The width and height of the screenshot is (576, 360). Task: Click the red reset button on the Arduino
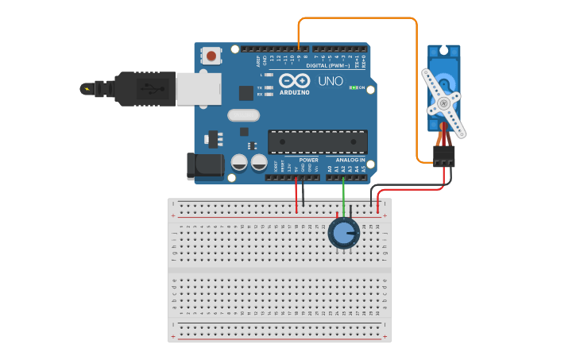(211, 56)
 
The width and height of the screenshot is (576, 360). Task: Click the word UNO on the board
(331, 81)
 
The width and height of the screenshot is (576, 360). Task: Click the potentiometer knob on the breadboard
(343, 233)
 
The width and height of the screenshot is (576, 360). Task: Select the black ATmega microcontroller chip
(318, 141)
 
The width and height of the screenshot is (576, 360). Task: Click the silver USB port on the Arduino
(198, 89)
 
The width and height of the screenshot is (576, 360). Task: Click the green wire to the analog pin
(343, 195)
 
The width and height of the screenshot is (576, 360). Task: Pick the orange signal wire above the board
(358, 18)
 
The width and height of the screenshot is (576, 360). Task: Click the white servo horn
(442, 103)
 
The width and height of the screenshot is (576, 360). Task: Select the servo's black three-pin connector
(444, 156)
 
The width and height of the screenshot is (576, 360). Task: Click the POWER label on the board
(308, 160)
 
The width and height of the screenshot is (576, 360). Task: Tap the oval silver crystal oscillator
(243, 115)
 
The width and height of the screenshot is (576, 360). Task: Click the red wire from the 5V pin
(296, 195)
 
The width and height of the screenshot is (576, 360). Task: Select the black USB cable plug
(143, 88)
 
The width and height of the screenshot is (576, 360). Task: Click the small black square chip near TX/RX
(245, 92)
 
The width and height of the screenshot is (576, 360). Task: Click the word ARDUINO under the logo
(295, 92)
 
